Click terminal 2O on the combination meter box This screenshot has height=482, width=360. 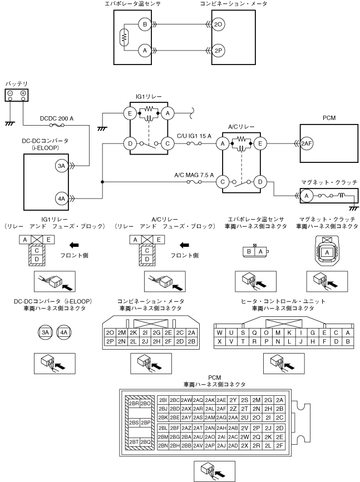pos(218,24)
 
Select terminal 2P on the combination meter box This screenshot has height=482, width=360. pos(218,51)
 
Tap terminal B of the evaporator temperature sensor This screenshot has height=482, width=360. pos(145,24)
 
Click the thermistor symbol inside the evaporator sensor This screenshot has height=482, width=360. pos(124,37)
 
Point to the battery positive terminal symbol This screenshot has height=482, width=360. pos(23,93)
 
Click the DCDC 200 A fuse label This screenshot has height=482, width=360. pos(57,118)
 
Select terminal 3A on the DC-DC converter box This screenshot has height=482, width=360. pos(62,166)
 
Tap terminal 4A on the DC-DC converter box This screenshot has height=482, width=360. pos(62,198)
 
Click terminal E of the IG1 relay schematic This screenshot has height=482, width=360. pos(130,113)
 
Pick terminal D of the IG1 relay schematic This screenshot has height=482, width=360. pos(130,143)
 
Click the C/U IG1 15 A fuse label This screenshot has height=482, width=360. pos(194,136)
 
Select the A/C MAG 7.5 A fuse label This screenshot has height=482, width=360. pos(194,175)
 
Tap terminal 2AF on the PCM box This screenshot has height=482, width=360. pos(307,143)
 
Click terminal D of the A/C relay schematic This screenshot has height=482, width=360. pos(260,182)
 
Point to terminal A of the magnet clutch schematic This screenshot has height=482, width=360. pos(307,196)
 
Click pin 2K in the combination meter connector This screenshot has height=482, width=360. pos(133,332)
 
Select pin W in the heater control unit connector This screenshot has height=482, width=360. pos(219,332)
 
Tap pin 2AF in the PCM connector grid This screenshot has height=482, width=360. pos(221,409)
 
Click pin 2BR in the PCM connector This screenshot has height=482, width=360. pos(134,403)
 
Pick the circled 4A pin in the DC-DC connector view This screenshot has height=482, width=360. pos(63,332)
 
